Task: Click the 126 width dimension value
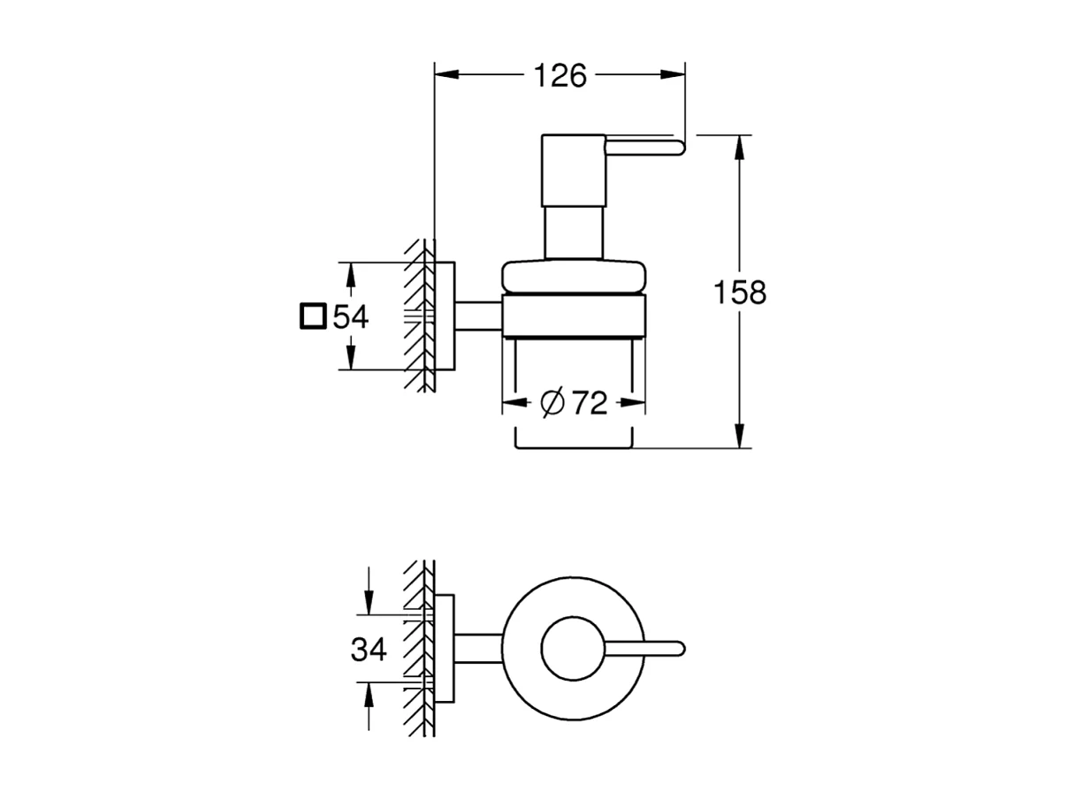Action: pyautogui.click(x=560, y=76)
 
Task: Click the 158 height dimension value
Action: pyautogui.click(x=740, y=293)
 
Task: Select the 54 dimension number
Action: pyautogui.click(x=350, y=316)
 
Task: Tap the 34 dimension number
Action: pyautogui.click(x=369, y=650)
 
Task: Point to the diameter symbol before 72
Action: pyautogui.click(x=552, y=403)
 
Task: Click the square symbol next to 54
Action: pyautogui.click(x=312, y=316)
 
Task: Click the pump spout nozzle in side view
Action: pyautogui.click(x=645, y=147)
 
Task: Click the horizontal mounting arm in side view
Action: pyautogui.click(x=478, y=316)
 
